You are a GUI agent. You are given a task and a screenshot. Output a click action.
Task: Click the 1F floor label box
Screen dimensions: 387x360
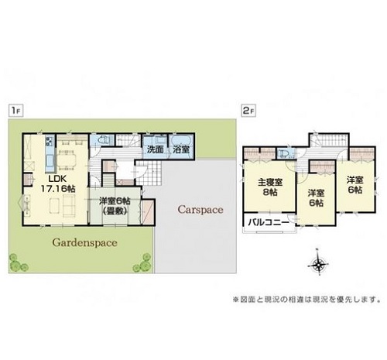[x=16, y=111]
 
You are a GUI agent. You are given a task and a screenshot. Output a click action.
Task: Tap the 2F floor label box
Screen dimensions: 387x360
[x=248, y=111]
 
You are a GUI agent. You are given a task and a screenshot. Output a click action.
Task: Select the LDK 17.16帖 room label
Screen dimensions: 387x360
[x=58, y=183]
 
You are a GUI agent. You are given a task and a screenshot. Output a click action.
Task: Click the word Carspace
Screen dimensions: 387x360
[x=200, y=210]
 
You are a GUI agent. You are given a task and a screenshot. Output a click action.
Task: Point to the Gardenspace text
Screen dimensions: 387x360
[x=84, y=243]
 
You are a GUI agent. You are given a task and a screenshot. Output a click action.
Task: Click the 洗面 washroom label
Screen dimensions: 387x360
[x=156, y=149]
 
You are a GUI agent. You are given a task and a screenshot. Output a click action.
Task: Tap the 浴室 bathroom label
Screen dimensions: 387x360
[x=181, y=149]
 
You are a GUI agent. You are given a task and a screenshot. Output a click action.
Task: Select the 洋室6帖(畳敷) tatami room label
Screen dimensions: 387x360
[x=115, y=206]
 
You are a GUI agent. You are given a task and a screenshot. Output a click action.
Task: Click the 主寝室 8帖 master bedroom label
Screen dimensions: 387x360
[x=270, y=187]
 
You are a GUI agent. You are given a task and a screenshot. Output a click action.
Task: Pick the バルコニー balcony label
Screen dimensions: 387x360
[x=269, y=222]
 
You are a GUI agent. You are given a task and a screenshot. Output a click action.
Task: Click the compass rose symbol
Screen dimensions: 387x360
[x=318, y=264]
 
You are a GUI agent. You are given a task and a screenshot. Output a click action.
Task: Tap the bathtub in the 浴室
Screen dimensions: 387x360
[x=181, y=141]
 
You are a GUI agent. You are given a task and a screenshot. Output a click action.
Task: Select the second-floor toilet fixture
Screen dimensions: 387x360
[x=283, y=154]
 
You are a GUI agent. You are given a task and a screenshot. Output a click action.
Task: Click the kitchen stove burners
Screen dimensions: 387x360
[x=50, y=141]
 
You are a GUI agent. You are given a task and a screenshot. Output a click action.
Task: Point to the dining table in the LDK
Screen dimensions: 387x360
[x=67, y=160]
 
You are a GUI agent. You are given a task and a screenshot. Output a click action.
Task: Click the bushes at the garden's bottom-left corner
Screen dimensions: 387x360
[x=17, y=263]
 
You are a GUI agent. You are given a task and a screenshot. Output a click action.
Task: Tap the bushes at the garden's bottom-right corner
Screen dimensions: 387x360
[x=142, y=263]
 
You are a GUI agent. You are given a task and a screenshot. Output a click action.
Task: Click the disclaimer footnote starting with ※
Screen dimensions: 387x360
[x=307, y=300]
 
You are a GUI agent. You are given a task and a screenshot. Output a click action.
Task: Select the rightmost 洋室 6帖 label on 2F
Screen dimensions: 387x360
[x=355, y=185]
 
